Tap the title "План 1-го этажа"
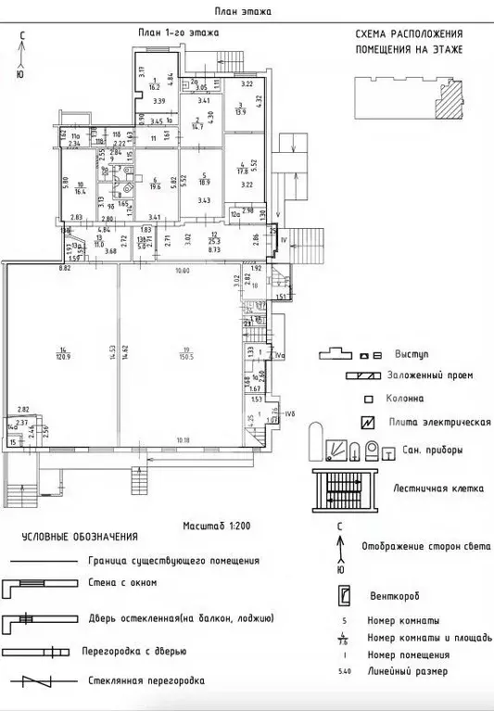(x=179, y=32)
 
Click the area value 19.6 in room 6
(x=157, y=184)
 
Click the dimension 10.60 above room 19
(x=183, y=270)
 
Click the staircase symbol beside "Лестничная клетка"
(x=344, y=487)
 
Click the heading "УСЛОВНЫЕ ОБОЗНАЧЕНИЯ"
(x=81, y=537)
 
